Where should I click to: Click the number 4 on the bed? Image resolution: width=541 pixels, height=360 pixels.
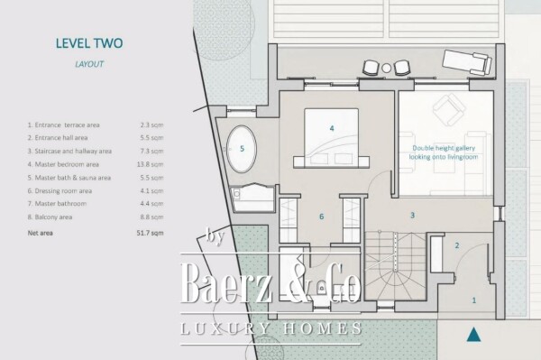tap(332, 129)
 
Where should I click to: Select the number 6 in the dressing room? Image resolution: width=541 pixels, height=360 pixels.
tap(321, 217)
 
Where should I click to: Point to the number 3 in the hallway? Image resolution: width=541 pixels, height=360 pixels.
tap(412, 216)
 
